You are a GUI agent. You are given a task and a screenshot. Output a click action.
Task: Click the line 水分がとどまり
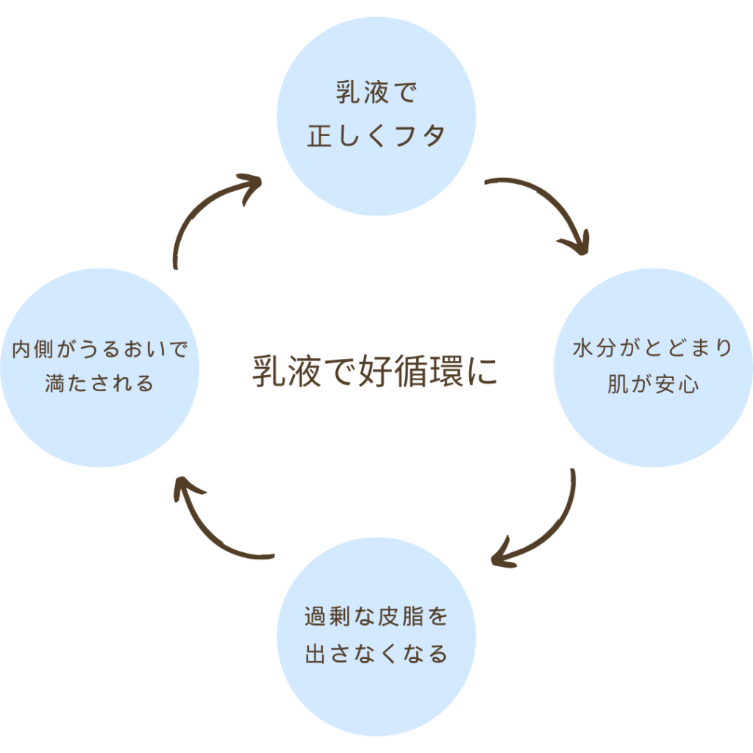[653, 349]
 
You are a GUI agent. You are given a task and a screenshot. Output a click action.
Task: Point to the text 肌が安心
[653, 385]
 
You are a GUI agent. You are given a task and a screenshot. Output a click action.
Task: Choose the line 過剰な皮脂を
[376, 617]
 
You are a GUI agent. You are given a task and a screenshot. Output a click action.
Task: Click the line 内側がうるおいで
[100, 349]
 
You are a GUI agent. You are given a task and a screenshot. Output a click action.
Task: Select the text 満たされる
[100, 383]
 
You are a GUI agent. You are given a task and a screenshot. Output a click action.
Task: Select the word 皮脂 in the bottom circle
[412, 617]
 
